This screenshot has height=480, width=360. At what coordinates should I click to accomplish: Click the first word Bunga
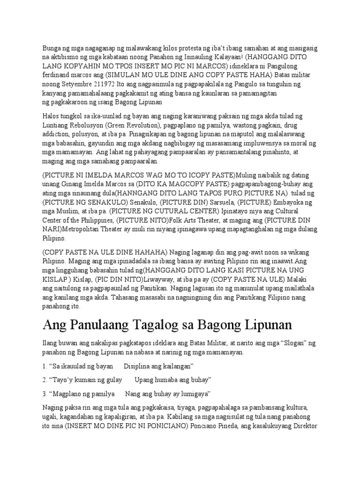click(52, 48)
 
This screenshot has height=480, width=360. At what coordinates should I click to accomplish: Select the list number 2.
click(44, 379)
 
